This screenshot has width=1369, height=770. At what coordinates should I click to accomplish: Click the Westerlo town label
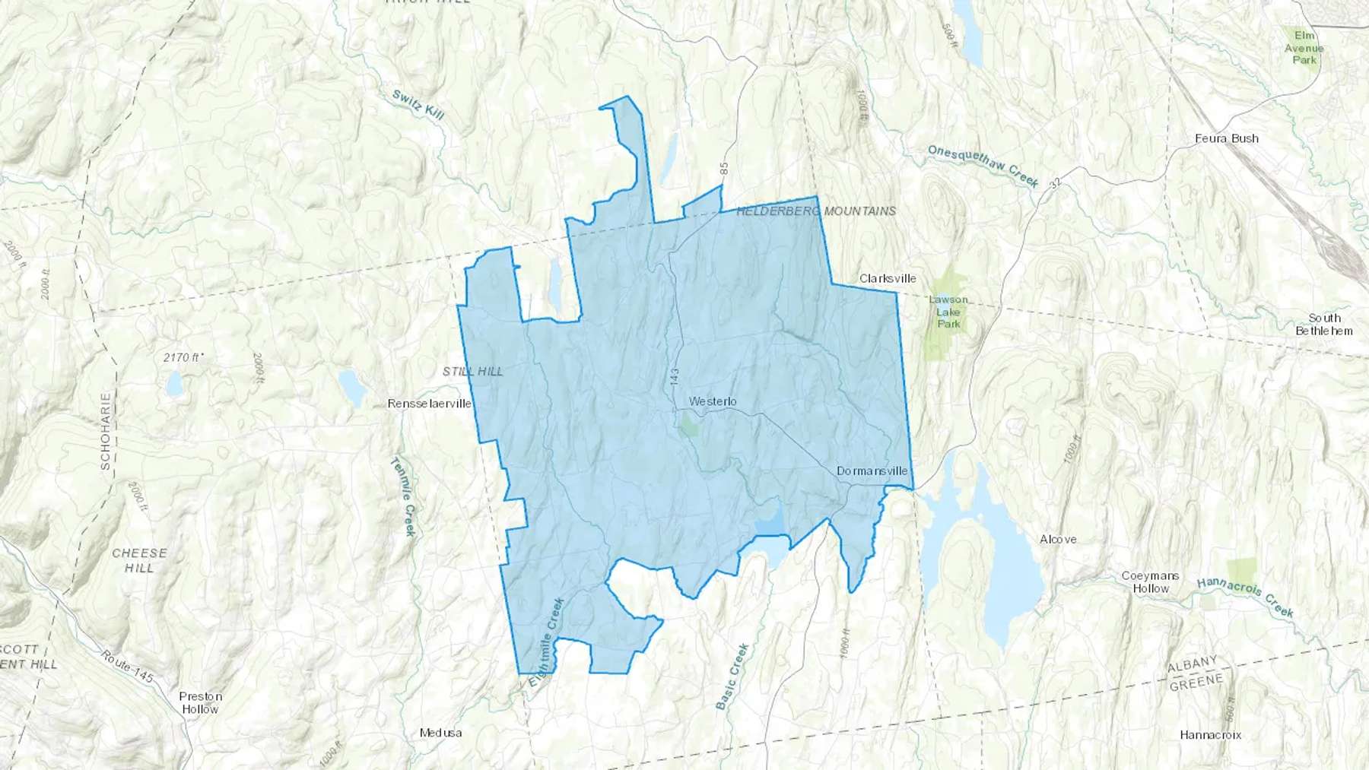(x=713, y=401)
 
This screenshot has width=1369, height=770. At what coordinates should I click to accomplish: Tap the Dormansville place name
(x=872, y=471)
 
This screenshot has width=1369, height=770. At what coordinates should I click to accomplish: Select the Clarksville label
(x=888, y=279)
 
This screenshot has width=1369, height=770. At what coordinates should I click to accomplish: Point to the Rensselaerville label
(x=429, y=404)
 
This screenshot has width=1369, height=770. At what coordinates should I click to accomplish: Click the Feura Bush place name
(x=1226, y=138)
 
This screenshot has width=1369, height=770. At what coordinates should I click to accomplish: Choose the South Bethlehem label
(x=1324, y=325)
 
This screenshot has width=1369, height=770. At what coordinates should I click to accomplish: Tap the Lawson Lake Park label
(x=948, y=312)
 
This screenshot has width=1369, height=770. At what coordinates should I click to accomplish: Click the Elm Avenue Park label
(x=1304, y=48)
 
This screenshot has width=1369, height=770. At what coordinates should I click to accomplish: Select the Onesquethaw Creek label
(x=983, y=166)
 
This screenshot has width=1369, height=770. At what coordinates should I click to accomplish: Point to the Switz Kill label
(x=418, y=105)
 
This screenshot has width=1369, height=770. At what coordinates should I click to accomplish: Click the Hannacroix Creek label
(x=1245, y=597)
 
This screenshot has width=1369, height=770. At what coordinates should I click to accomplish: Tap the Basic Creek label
(x=732, y=677)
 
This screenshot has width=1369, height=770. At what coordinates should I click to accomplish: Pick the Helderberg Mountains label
(x=816, y=211)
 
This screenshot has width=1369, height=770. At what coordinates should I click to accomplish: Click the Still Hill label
(x=472, y=372)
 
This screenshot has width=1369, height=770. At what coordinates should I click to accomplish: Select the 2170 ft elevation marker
(x=183, y=356)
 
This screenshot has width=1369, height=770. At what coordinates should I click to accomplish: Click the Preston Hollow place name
(x=200, y=702)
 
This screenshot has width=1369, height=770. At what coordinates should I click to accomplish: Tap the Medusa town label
(x=440, y=734)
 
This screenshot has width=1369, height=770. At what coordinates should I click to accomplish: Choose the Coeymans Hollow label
(x=1150, y=582)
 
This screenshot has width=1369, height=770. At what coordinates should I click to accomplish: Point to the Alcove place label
(x=1058, y=539)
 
